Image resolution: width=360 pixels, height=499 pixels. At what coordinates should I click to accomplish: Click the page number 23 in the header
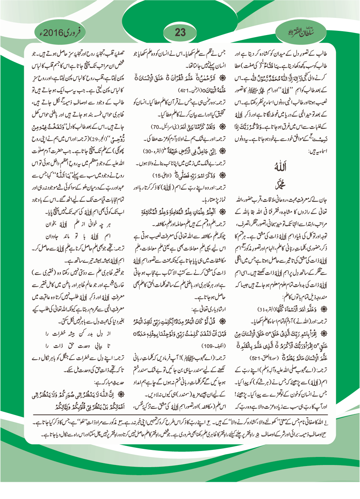click(180, 33)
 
